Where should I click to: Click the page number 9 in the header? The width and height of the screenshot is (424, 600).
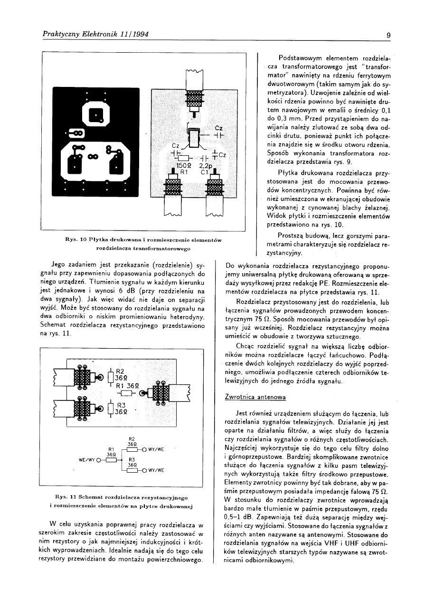pyautogui.click(x=388, y=35)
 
